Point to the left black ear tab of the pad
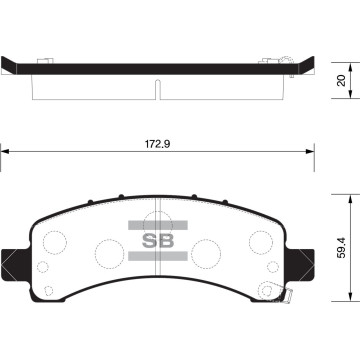[10, 263]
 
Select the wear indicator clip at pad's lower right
[284, 294]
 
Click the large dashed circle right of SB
[205, 250]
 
